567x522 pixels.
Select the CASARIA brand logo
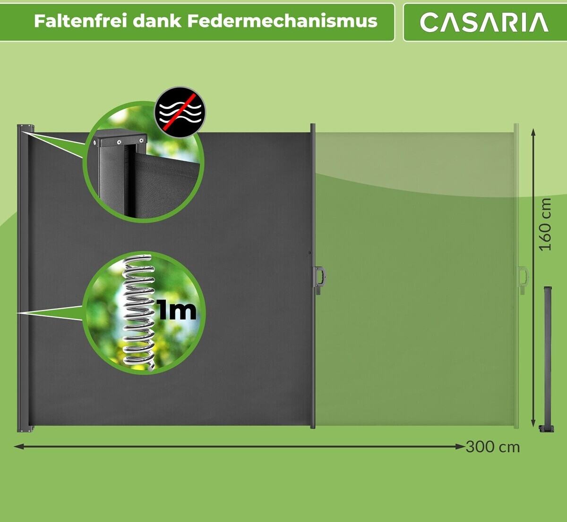pyautogui.click(x=484, y=22)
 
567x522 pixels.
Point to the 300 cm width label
pyautogui.click(x=492, y=447)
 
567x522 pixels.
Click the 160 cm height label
pyautogui.click(x=545, y=224)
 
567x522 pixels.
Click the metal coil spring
pyautogui.click(x=138, y=312)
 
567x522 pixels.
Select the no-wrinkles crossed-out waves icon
pyautogui.click(x=180, y=111)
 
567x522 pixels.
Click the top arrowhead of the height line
pyautogui.click(x=534, y=132)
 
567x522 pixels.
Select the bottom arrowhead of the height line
pyautogui.click(x=534, y=423)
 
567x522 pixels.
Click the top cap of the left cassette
pyautogui.click(x=26, y=127)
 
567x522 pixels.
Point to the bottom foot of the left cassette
pyautogui.click(x=26, y=428)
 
